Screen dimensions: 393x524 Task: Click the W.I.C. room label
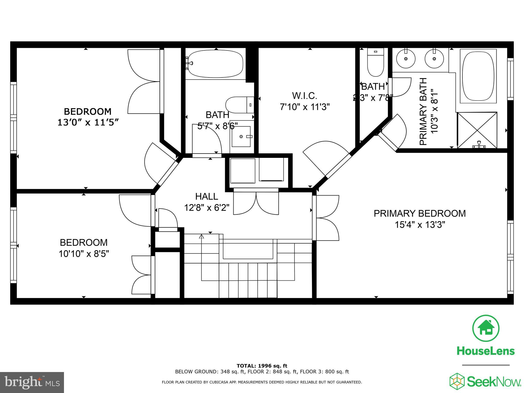(304, 96)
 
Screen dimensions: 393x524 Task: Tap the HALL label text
(206, 196)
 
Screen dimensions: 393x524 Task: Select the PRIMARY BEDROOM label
(420, 213)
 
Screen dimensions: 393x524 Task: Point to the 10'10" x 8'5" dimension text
(84, 254)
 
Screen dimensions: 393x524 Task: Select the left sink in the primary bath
(406, 59)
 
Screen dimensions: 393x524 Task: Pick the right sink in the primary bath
(434, 59)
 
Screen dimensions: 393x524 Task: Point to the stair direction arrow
(201, 237)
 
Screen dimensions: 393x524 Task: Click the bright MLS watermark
(32, 383)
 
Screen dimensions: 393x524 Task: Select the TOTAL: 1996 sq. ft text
(262, 366)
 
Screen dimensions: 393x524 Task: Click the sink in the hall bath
(241, 136)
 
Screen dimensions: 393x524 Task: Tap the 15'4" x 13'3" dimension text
(420, 225)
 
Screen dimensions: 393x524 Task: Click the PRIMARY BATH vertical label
(423, 112)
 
